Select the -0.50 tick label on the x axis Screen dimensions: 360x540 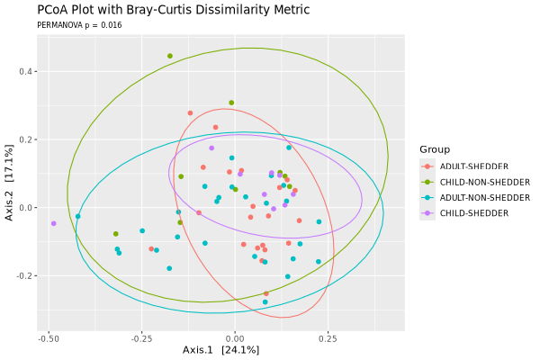(x=49, y=339)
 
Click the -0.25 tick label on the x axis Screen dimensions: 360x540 (x=141, y=339)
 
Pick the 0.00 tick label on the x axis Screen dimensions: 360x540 (x=235, y=339)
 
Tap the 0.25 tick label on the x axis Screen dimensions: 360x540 (x=328, y=339)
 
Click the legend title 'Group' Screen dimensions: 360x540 (x=434, y=149)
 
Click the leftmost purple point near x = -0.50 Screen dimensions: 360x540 (x=54, y=223)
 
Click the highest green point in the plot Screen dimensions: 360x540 (x=169, y=56)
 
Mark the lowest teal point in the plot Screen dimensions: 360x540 (x=265, y=302)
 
